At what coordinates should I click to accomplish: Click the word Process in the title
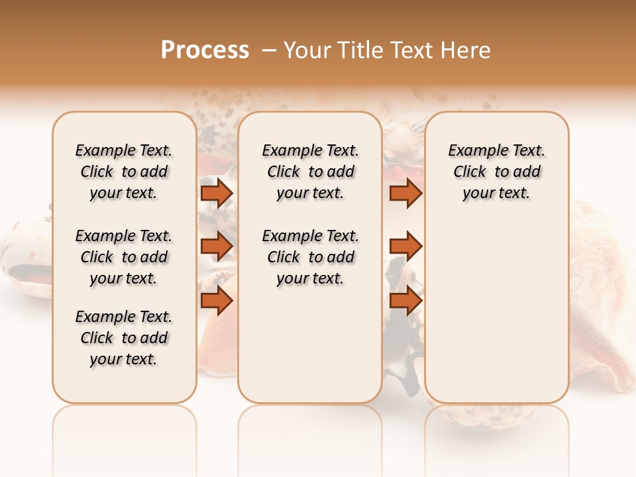coord(205,50)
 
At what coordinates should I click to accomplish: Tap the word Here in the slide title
coord(466,50)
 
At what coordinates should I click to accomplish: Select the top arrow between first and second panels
coord(217,193)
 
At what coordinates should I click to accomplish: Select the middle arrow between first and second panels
coord(217,246)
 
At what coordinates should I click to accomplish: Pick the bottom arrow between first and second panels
coord(217,301)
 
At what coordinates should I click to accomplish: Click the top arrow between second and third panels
coord(405,193)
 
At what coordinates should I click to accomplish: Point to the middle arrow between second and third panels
coord(405,246)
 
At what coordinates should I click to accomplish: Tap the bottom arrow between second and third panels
coord(405,301)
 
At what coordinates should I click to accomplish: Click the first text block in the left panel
coord(124,172)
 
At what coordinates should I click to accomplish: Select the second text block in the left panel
coord(124,257)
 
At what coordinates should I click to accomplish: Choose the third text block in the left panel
coord(124,338)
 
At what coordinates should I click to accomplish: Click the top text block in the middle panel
coord(310,172)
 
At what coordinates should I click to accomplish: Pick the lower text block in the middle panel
coord(310,257)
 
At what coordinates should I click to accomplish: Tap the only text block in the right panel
coord(496,172)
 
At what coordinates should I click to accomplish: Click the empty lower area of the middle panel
coord(310,344)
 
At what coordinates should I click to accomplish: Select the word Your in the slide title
coord(307,50)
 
